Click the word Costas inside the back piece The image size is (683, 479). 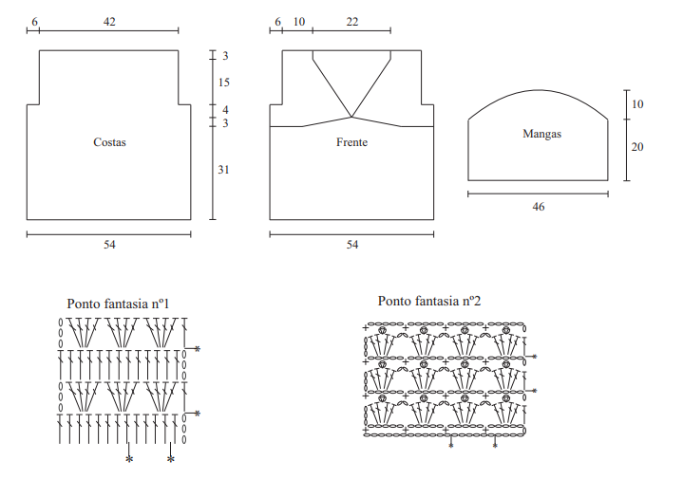tap(109, 142)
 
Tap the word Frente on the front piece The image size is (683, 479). tap(352, 142)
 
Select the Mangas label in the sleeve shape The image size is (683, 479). tap(541, 134)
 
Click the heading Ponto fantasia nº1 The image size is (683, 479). tap(118, 304)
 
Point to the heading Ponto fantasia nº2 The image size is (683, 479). tap(429, 301)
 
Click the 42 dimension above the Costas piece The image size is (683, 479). tap(109, 22)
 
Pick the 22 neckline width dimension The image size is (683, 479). tap(352, 22)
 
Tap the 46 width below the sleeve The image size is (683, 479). tap(539, 207)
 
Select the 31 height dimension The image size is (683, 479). tap(223, 170)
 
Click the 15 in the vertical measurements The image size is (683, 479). tap(224, 83)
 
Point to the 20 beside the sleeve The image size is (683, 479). tap(637, 147)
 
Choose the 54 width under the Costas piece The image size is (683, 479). tap(109, 245)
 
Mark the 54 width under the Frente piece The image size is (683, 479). tap(352, 245)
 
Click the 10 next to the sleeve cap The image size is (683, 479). tap(637, 104)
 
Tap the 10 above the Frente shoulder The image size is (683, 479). tap(299, 22)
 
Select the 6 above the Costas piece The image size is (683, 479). tap(35, 22)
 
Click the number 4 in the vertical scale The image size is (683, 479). tap(225, 110)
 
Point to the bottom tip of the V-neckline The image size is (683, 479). tap(351, 117)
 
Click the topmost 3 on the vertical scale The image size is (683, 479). tap(225, 56)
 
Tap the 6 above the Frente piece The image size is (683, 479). tap(278, 22)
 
